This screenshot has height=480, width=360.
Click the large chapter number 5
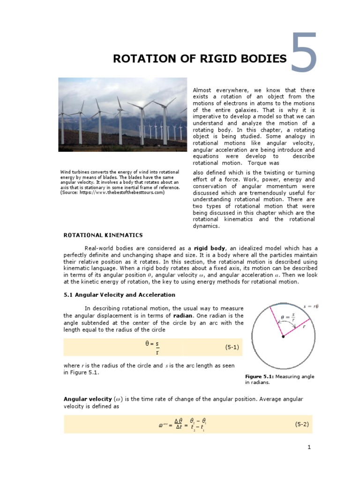click(304, 53)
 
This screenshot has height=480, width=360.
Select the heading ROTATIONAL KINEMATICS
click(103, 235)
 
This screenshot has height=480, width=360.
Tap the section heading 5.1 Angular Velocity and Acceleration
click(119, 295)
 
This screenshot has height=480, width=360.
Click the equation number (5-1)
click(232, 347)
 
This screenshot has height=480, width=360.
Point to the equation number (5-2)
click(301, 424)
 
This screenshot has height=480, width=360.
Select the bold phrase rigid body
click(209, 248)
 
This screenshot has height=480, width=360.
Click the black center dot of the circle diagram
click(283, 337)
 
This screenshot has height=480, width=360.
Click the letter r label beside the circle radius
click(304, 327)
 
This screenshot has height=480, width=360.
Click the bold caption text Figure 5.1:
click(260, 376)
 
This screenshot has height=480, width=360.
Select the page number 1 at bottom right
click(309, 448)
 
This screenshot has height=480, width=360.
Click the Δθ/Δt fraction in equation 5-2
click(178, 424)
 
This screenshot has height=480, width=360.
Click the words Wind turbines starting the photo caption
click(74, 172)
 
